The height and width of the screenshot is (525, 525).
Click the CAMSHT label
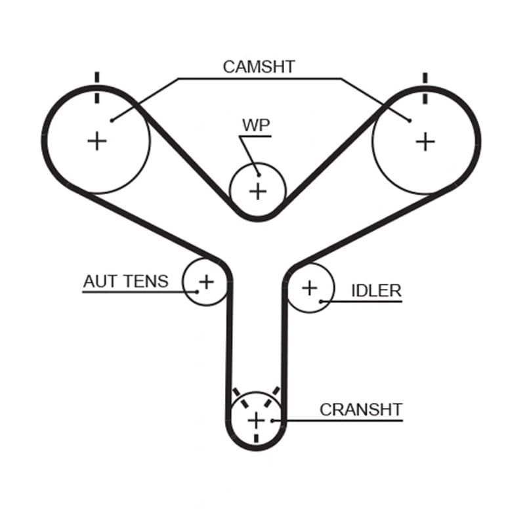(259, 67)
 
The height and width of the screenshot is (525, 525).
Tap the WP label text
(256, 125)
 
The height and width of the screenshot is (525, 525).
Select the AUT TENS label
(125, 282)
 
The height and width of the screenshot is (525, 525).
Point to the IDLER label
(376, 291)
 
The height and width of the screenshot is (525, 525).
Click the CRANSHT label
(361, 409)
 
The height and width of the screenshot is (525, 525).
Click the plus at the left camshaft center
(97, 141)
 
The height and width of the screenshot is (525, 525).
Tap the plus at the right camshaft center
(425, 142)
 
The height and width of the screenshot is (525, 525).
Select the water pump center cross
(258, 192)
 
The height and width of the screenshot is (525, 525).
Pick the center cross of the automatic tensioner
(207, 282)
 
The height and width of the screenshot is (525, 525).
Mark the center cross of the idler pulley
(310, 288)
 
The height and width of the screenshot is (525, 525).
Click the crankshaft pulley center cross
(256, 421)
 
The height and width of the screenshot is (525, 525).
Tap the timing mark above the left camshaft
(97, 88)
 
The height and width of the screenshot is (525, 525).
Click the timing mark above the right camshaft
(425, 89)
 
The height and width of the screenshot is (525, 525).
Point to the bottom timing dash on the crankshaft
(256, 438)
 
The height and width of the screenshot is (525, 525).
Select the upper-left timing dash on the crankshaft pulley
(241, 398)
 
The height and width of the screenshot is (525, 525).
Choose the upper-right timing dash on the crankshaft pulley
(272, 397)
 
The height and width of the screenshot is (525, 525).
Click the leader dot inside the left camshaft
(112, 121)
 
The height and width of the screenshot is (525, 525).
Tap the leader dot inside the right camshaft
(409, 121)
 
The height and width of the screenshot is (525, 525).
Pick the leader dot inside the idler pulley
(321, 302)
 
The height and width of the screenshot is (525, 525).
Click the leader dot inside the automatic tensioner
(198, 292)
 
